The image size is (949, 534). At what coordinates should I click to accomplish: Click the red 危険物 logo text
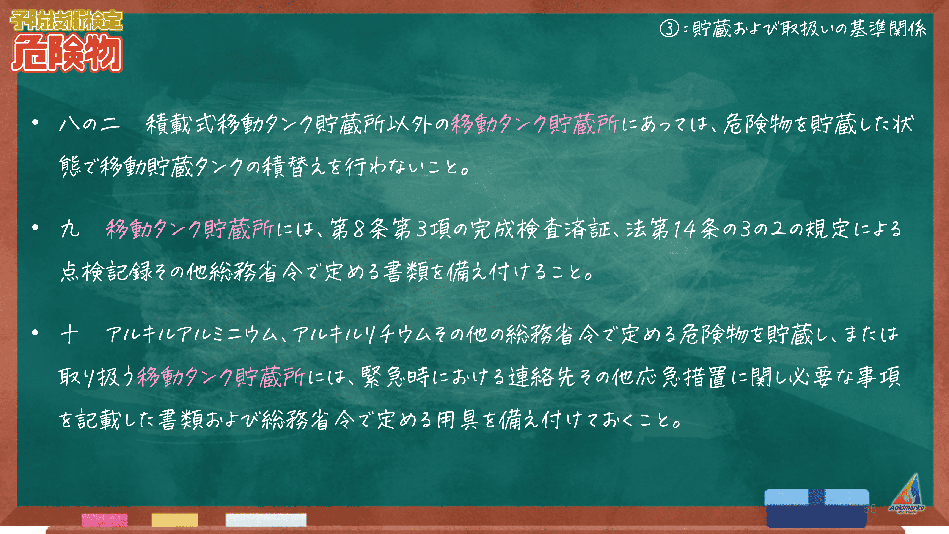[x=66, y=53]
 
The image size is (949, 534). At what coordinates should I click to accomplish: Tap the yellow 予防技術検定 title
[x=66, y=21]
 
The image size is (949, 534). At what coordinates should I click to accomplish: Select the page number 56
[x=870, y=509]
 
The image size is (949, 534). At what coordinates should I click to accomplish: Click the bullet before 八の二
[x=35, y=123]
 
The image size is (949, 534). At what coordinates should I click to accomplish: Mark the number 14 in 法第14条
[x=685, y=229]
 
